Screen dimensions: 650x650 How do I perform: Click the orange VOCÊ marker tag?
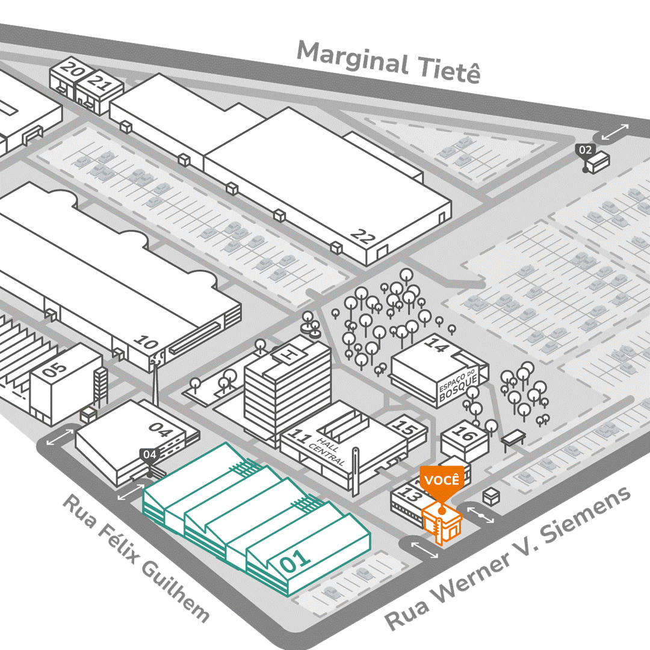442,480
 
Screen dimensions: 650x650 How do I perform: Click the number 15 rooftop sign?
407,429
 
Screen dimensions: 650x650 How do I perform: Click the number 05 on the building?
55,368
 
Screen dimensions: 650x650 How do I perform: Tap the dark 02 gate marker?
585,150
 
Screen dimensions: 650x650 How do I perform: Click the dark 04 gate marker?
149,455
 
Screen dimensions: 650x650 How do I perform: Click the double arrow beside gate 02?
614,132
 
